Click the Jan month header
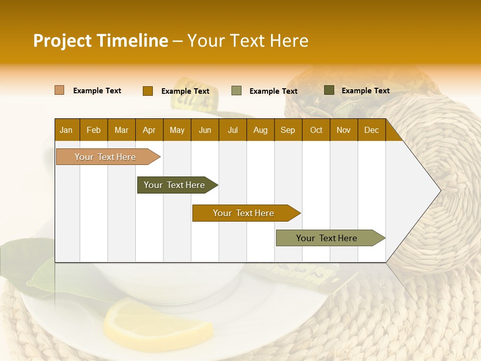[x=66, y=130]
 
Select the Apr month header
[x=149, y=130]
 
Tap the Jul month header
[x=232, y=130]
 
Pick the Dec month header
[x=371, y=130]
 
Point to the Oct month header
[x=316, y=130]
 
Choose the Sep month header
[x=288, y=130]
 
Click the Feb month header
[x=94, y=130]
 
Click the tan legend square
[x=60, y=90]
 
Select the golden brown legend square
[x=147, y=91]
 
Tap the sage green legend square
[x=236, y=91]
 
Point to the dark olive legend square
[x=329, y=90]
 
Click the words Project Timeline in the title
[x=100, y=41]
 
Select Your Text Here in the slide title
[x=248, y=41]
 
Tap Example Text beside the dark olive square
[x=365, y=90]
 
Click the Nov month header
[x=344, y=130]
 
